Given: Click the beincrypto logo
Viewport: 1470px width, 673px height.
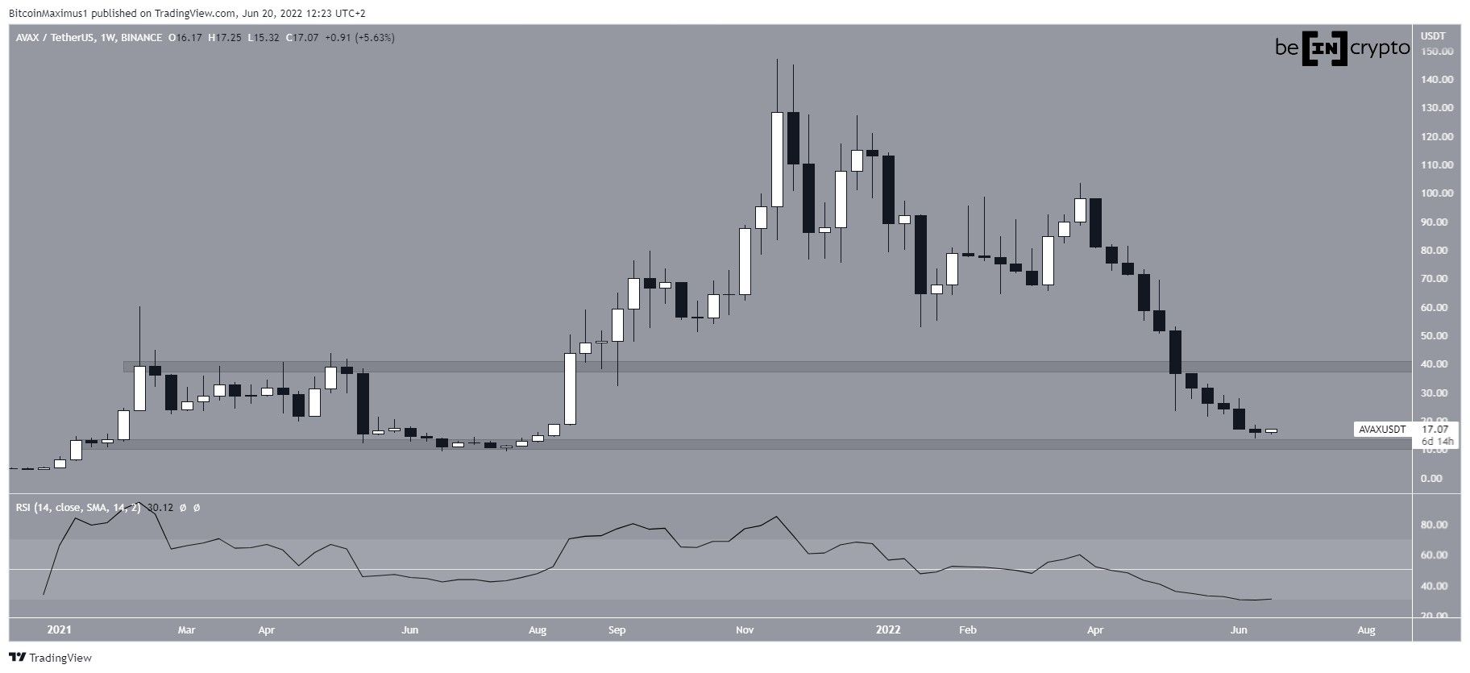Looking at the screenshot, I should pyautogui.click(x=1342, y=49).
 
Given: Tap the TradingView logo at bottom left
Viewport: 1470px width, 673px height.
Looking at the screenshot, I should pyautogui.click(x=50, y=658).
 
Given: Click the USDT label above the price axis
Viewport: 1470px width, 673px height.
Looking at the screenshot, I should pyautogui.click(x=1433, y=36).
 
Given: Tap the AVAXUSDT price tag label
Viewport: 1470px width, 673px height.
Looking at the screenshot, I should pyautogui.click(x=1382, y=430).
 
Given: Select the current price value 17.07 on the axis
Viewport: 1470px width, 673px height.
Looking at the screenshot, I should pyautogui.click(x=1436, y=430).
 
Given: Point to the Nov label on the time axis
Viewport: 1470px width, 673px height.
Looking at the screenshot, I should pyautogui.click(x=745, y=629).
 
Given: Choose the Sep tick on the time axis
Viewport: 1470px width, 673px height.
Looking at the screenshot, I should pyautogui.click(x=617, y=629).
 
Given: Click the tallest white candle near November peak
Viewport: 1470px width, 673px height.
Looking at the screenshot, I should pyautogui.click(x=777, y=159).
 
